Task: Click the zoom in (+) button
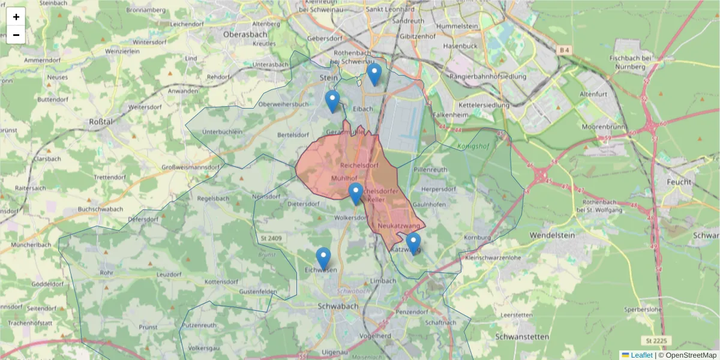[16, 17]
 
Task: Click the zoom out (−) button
[16, 35]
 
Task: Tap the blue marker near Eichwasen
[323, 259]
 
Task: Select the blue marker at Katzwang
[413, 244]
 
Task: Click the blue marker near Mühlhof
[356, 194]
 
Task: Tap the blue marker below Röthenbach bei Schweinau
[374, 75]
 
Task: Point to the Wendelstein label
[552, 236]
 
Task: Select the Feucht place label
[679, 182]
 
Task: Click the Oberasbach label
[244, 34]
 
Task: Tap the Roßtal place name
[101, 121]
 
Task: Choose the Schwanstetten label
[522, 337]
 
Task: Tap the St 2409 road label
[271, 238]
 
